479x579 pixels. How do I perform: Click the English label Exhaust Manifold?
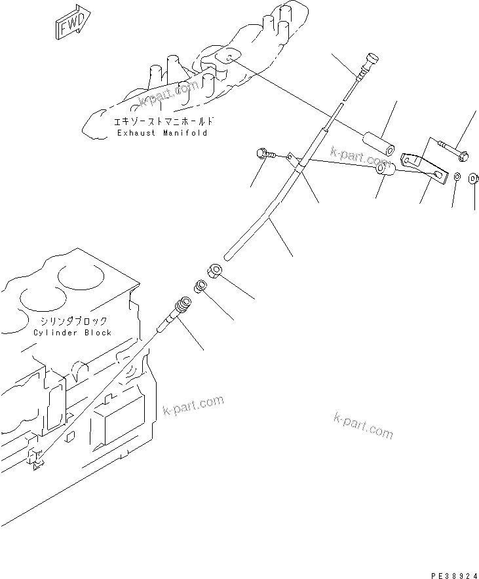tap(162, 133)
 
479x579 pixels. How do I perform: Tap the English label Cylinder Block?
tap(72, 333)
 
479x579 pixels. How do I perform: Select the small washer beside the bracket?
tap(457, 177)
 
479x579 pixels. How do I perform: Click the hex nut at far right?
tap(474, 178)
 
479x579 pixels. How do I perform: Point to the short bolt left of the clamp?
tap(263, 155)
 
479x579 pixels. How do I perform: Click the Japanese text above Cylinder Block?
tap(72, 322)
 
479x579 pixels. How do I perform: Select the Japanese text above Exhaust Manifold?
tap(162, 122)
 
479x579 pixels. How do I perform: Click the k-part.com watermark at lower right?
tap(363, 426)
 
